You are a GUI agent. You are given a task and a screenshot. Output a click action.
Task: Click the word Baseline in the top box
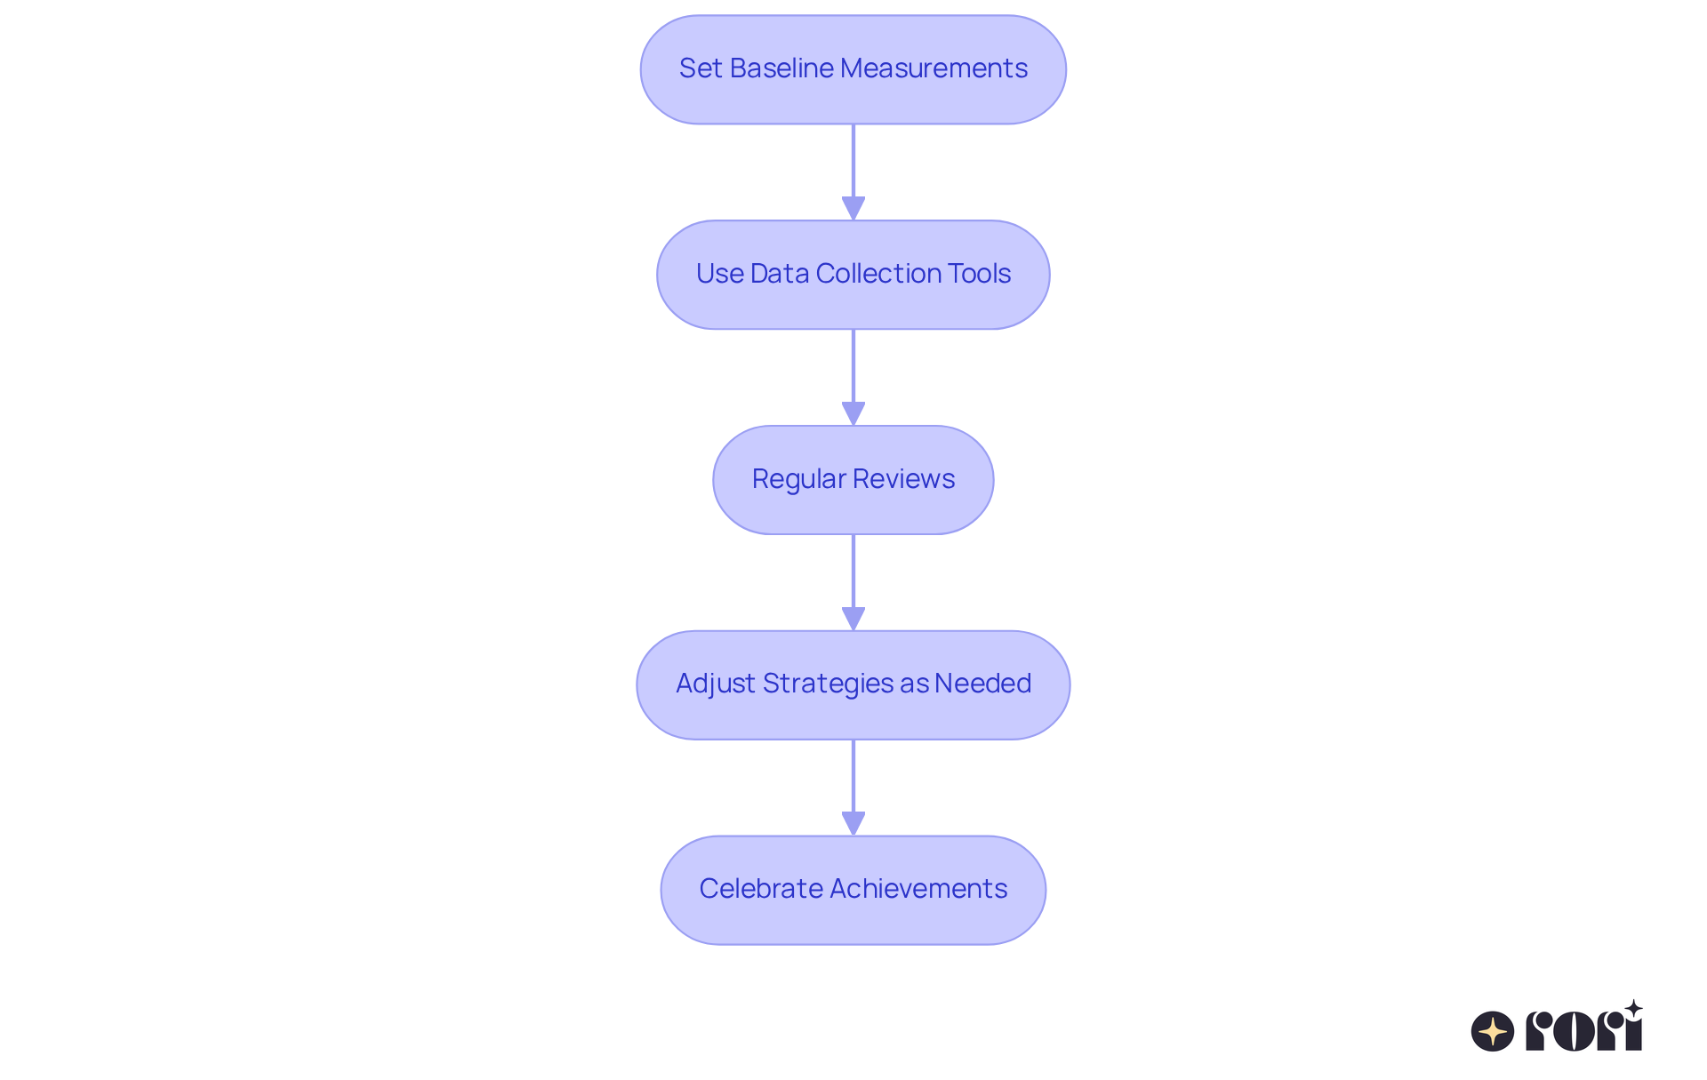click(x=781, y=68)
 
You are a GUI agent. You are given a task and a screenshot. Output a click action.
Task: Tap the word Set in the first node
click(x=701, y=68)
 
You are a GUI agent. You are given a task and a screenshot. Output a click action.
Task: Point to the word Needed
click(x=982, y=684)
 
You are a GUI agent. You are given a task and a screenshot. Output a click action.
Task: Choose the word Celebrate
click(x=760, y=889)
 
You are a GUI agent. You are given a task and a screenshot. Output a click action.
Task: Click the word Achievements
click(x=919, y=889)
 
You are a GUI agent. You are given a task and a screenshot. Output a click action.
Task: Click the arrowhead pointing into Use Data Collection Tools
click(x=853, y=208)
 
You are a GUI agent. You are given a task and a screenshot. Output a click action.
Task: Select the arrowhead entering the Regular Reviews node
click(x=853, y=413)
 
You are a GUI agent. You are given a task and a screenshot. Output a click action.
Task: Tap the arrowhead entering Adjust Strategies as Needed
click(x=853, y=619)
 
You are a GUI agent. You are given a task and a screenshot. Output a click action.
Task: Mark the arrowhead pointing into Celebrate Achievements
click(x=853, y=823)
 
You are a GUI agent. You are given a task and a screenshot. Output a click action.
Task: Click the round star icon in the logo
click(x=1493, y=1031)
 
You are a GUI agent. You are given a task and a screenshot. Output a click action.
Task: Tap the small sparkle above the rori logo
click(x=1633, y=1009)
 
